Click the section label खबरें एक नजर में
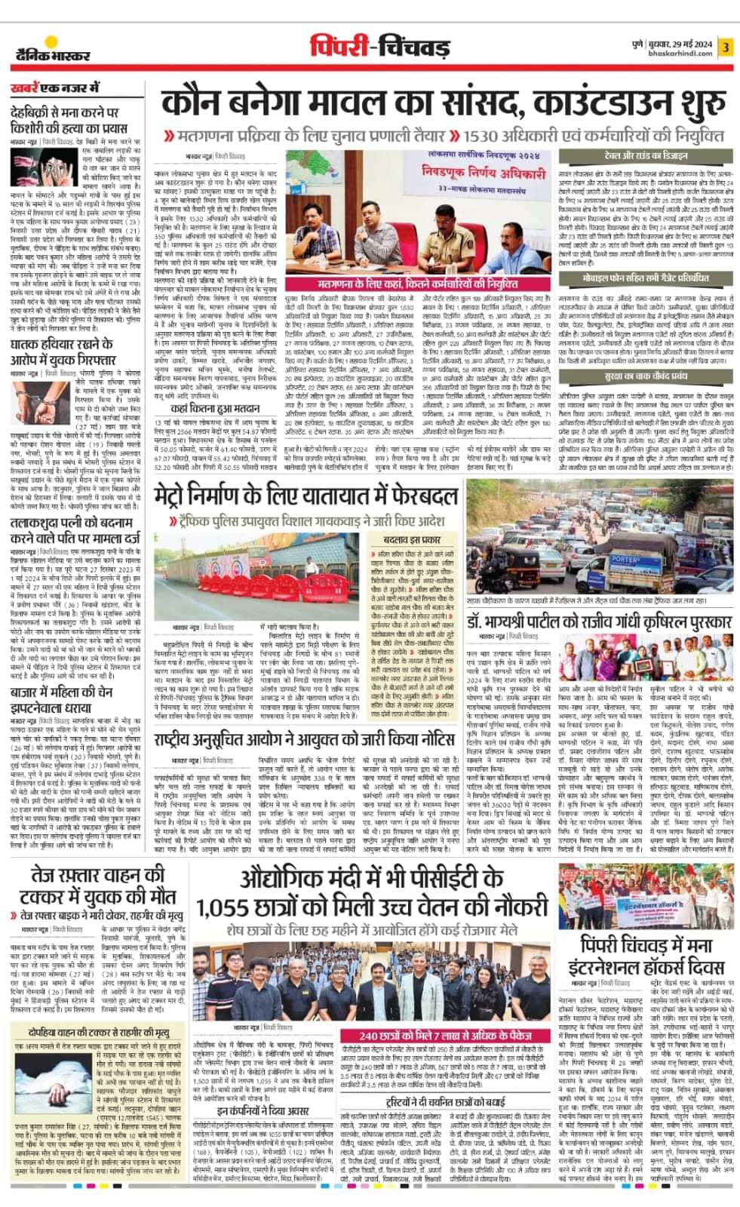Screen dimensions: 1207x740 tap(54, 88)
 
